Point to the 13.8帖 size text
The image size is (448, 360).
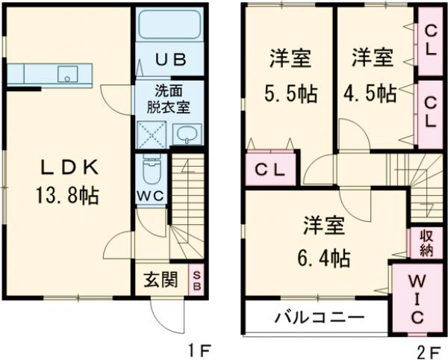[x=66, y=196]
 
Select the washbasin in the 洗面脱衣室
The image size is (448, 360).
[x=187, y=134]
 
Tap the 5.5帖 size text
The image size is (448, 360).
[x=289, y=93]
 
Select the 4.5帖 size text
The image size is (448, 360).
[x=371, y=93]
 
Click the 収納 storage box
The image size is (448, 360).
[x=426, y=243]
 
